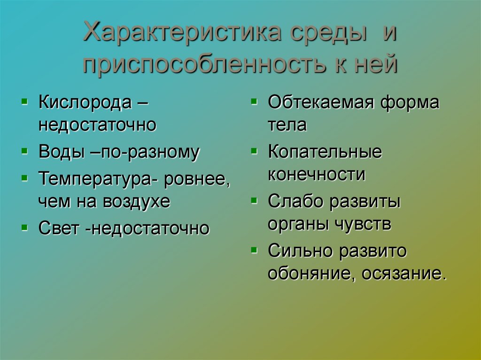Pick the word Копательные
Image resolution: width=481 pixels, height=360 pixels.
coord(325,152)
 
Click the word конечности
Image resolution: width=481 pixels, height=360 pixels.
coord(316,175)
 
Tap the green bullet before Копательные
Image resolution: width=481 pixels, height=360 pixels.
coord(254,151)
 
